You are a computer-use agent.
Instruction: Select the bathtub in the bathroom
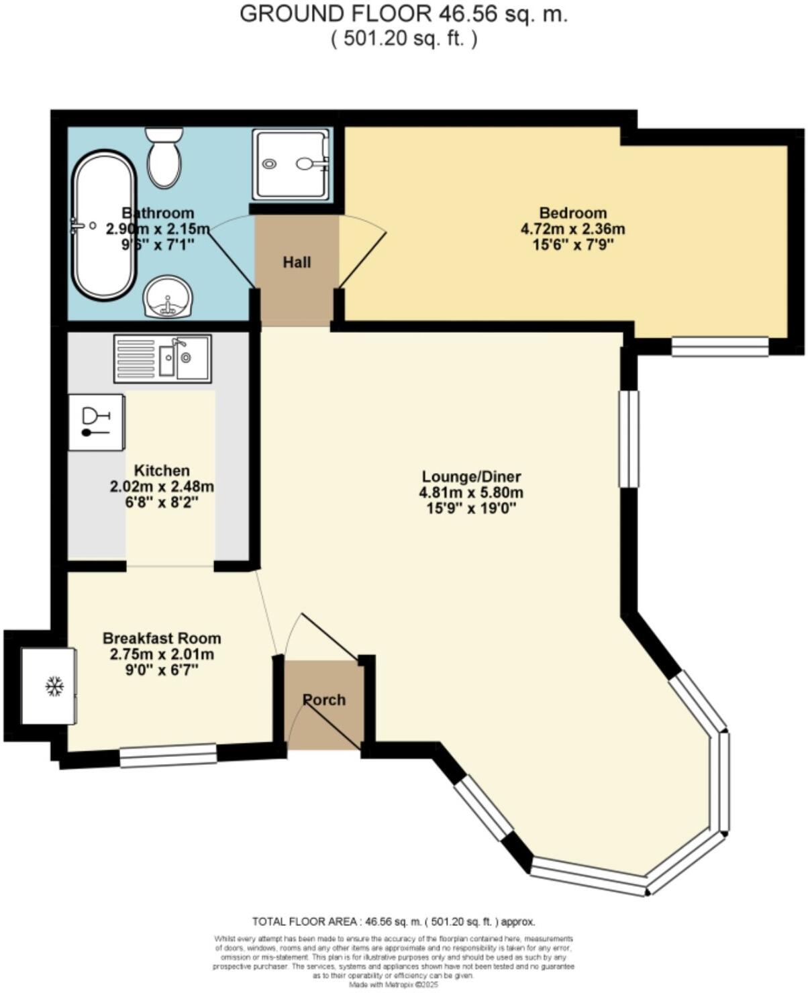pyautogui.click(x=105, y=225)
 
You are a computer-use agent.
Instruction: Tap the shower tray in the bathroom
pyautogui.click(x=291, y=164)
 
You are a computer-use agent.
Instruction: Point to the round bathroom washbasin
pyautogui.click(x=168, y=297)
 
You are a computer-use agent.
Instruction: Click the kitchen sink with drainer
pyautogui.click(x=162, y=358)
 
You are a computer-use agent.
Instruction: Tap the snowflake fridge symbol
pyautogui.click(x=54, y=686)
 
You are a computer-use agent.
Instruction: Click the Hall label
pyautogui.click(x=297, y=262)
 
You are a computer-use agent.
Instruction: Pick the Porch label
pyautogui.click(x=324, y=700)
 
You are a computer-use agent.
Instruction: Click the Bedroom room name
pyautogui.click(x=572, y=213)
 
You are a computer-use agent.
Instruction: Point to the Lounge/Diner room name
pyautogui.click(x=471, y=477)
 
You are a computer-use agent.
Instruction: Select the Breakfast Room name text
pyautogui.click(x=162, y=638)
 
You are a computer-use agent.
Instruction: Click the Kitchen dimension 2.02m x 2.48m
pyautogui.click(x=162, y=486)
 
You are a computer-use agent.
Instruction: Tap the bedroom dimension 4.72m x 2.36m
pyautogui.click(x=572, y=229)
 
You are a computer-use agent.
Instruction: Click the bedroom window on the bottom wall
pyautogui.click(x=720, y=346)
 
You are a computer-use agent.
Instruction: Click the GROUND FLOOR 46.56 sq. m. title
pyautogui.click(x=403, y=14)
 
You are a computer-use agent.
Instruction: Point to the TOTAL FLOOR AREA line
pyautogui.click(x=393, y=921)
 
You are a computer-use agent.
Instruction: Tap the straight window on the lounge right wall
pyautogui.click(x=628, y=439)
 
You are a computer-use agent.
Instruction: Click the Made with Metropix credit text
pyautogui.click(x=393, y=985)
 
